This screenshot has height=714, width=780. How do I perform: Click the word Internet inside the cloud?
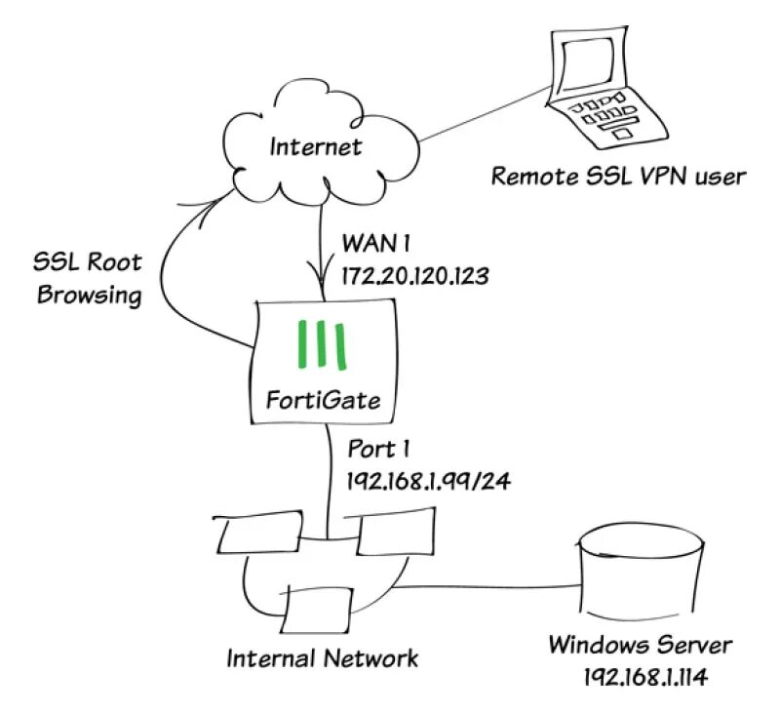click(x=315, y=147)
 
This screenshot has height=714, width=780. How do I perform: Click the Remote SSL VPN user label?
click(x=618, y=177)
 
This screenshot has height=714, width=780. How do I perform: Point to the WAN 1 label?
click(x=370, y=240)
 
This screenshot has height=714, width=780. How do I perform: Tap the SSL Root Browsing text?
click(x=89, y=278)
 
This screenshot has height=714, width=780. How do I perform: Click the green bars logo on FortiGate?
click(x=322, y=345)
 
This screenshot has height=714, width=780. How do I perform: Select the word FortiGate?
click(x=322, y=399)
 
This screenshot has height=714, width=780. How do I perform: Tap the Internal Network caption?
click(x=323, y=657)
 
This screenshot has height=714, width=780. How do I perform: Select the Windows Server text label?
click(x=639, y=645)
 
